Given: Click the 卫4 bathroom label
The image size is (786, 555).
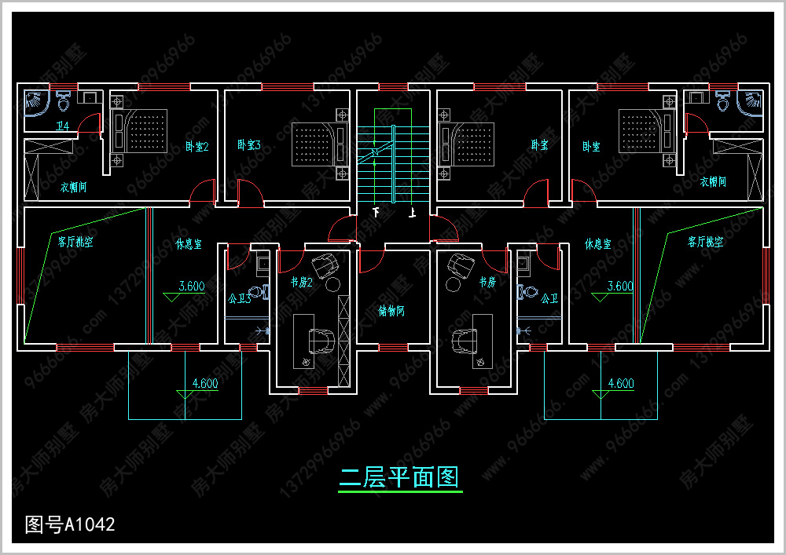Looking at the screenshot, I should pos(63,126).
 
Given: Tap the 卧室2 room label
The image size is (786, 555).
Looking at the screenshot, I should pos(196,146).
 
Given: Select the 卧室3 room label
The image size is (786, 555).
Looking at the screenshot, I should pos(248,145).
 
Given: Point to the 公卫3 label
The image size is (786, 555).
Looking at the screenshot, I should pos(239,298).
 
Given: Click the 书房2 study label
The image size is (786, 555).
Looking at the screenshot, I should pos(301,282).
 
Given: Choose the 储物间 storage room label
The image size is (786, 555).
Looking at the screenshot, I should pos(391,311).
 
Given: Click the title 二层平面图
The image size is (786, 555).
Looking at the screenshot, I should pos(399,476).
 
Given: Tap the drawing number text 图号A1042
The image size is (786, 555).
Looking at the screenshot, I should pos(70,524).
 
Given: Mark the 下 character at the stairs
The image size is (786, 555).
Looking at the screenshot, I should pos(376,213).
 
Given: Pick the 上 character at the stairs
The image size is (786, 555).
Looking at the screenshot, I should pos(411,213).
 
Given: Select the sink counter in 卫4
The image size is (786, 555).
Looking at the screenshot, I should pos(89,97).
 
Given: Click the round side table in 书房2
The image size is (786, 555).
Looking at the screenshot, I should pos(332,283).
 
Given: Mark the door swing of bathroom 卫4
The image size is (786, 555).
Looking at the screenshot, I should pos(90,124).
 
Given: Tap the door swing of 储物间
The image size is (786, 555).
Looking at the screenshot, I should pos(371,261).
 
